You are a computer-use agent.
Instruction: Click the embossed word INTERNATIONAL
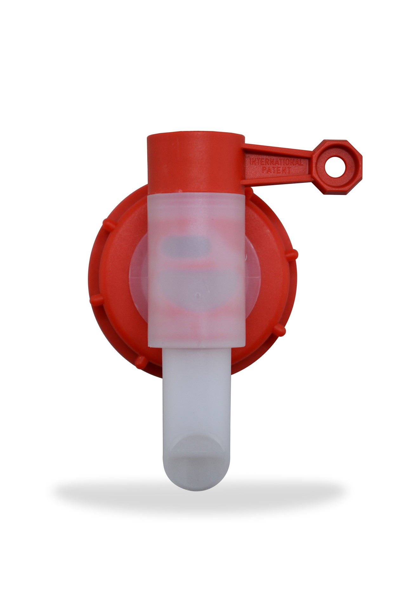(x=276, y=162)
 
